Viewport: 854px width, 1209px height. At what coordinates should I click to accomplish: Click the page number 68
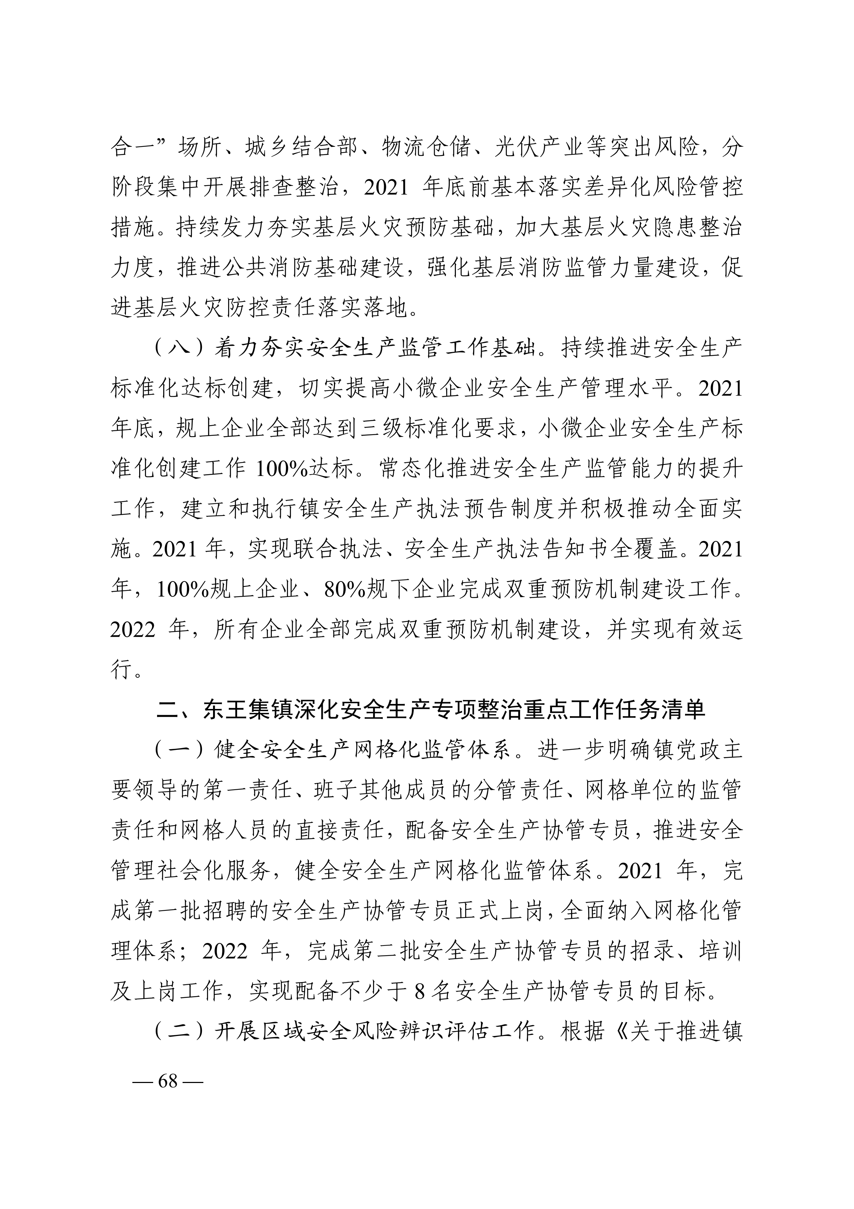(168, 1081)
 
